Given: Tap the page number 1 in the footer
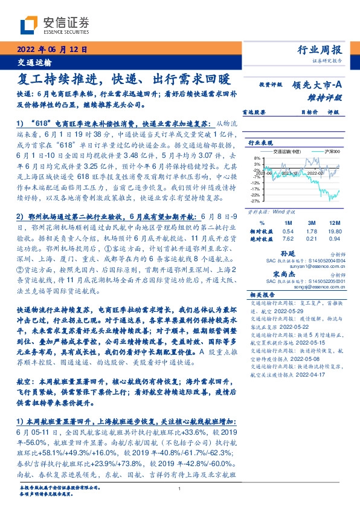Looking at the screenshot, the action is pyautogui.click(x=180, y=489).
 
